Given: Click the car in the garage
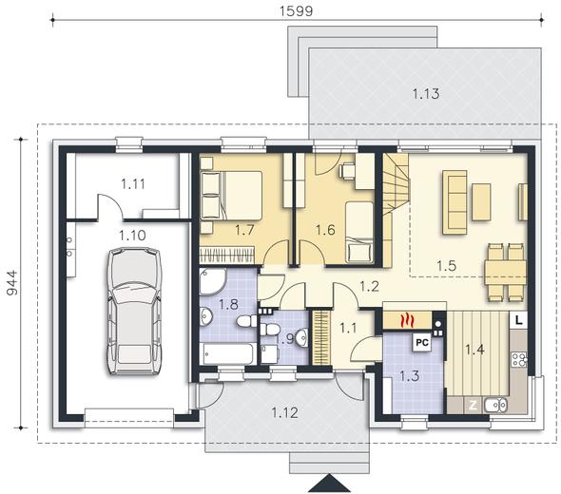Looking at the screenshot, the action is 134,311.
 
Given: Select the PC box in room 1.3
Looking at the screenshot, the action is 422,343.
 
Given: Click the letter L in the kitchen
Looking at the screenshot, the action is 518,321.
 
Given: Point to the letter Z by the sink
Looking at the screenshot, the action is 473,406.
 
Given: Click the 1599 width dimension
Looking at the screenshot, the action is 296,11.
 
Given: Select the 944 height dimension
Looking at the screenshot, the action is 12,283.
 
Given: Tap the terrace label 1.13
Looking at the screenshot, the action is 426,94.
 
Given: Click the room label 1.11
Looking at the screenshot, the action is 133,184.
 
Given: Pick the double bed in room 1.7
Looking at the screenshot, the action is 231,195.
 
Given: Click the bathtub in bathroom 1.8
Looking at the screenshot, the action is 228,353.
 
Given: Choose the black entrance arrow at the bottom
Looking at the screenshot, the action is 330,484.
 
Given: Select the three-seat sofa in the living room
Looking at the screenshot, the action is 455,202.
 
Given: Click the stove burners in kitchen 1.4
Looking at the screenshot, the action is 518,360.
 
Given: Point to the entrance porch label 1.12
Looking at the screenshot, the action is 285,413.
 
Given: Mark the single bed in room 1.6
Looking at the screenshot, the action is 359,233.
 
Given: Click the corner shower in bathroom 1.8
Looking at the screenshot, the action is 213,281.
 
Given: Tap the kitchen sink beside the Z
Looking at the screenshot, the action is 496,405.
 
